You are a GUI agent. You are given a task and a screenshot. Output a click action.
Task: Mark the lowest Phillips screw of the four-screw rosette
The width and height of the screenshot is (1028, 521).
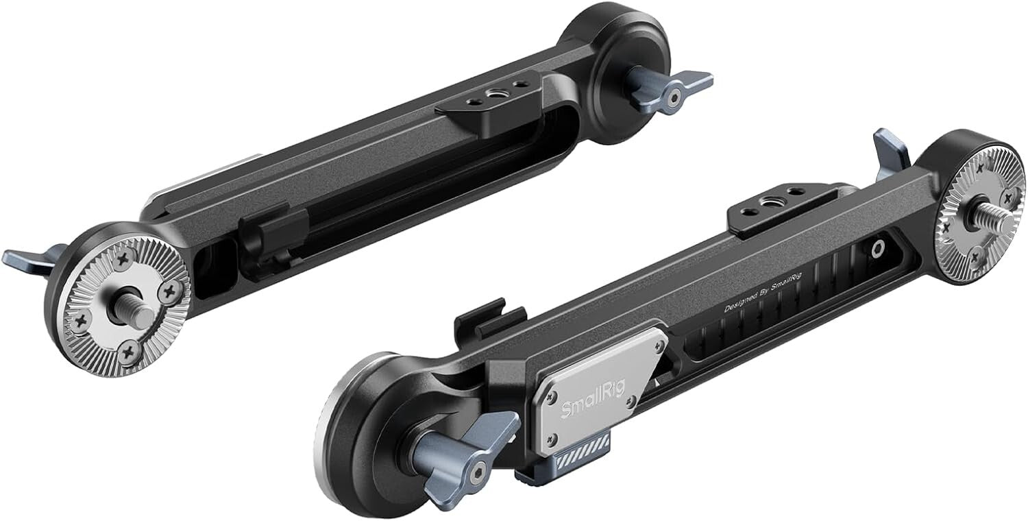(129, 352)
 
